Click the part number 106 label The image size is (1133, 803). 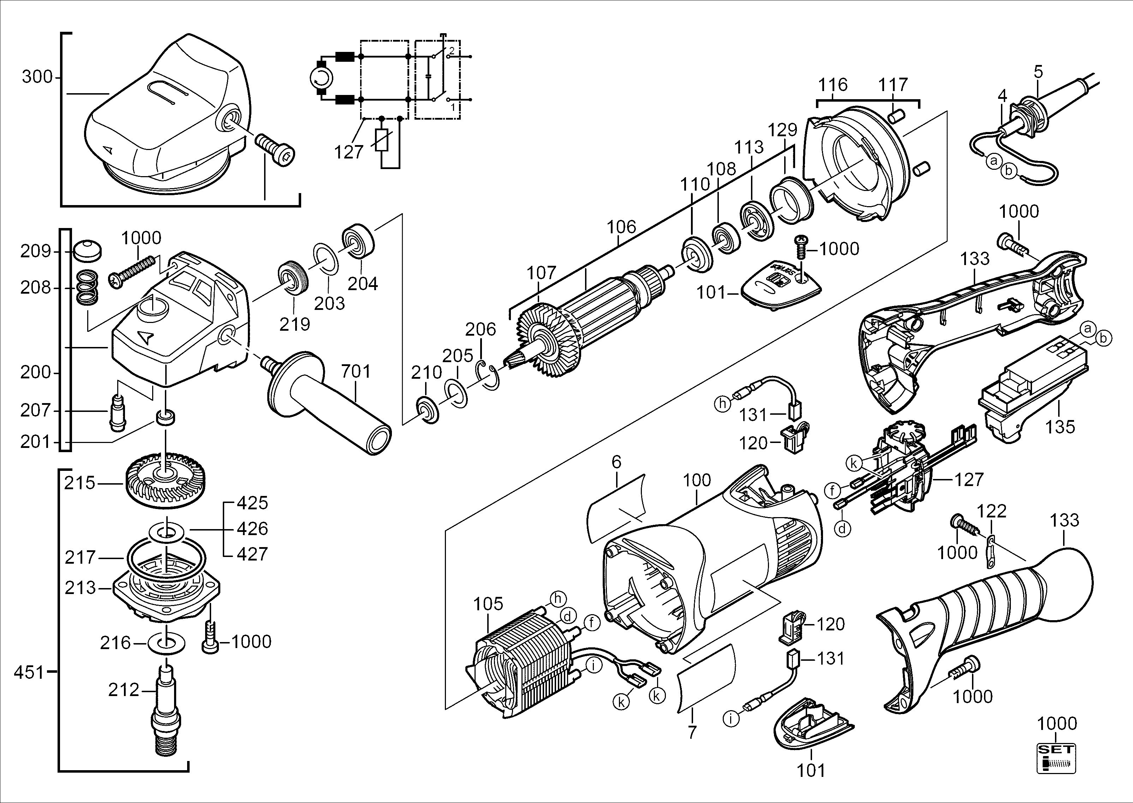[x=621, y=227]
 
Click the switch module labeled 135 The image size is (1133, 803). [x=1033, y=391]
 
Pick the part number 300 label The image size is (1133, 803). [x=37, y=77]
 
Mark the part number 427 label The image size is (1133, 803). [x=252, y=554]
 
